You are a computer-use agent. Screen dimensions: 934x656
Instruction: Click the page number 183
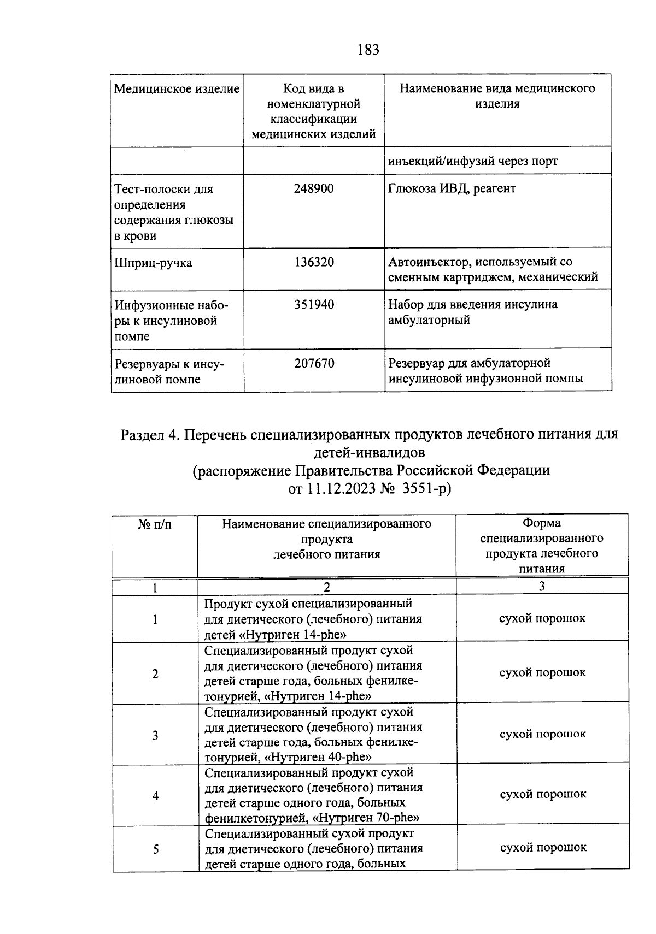[368, 50]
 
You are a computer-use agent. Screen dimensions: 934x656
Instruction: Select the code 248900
[314, 189]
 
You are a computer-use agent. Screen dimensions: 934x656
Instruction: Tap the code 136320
[314, 262]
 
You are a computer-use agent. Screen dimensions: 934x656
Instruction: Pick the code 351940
[314, 305]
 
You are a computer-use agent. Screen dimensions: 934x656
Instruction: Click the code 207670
[314, 363]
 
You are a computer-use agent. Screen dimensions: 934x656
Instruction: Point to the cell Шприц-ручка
[153, 263]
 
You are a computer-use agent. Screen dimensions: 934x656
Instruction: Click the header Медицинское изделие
[177, 89]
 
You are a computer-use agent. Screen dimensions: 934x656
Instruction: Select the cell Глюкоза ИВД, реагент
[452, 189]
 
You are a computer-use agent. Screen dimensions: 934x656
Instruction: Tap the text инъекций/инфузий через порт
[473, 161]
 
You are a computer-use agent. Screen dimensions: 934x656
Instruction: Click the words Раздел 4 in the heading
[150, 435]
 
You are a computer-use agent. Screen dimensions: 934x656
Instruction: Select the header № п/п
[155, 525]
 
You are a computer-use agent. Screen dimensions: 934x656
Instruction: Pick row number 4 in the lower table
[155, 796]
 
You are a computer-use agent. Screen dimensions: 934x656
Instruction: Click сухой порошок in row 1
[542, 618]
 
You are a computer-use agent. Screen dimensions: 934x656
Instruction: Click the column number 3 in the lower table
[541, 587]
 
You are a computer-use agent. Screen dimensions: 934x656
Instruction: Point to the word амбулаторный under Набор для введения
[429, 320]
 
